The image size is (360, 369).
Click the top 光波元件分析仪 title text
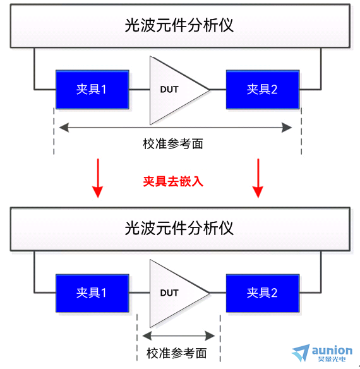179,25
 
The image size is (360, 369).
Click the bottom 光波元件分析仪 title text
179,228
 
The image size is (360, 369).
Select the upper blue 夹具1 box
92,90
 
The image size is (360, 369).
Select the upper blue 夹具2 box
263,90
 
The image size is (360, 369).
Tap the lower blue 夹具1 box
92,293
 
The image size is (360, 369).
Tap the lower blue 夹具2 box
263,293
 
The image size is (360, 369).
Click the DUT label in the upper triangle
169,90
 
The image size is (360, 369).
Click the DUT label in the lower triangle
169,293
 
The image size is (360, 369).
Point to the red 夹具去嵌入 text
173,181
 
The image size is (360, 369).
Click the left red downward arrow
98,178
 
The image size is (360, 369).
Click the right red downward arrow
258,178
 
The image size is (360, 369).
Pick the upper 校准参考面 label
173,144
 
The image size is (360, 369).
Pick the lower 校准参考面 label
176,353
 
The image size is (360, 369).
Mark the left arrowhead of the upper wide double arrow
64,128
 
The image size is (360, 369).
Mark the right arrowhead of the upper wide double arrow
287,128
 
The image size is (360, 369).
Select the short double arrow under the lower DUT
179,336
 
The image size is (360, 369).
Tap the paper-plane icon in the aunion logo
301,353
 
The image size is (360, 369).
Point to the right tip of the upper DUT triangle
209,90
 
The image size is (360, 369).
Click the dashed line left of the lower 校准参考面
137,337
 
